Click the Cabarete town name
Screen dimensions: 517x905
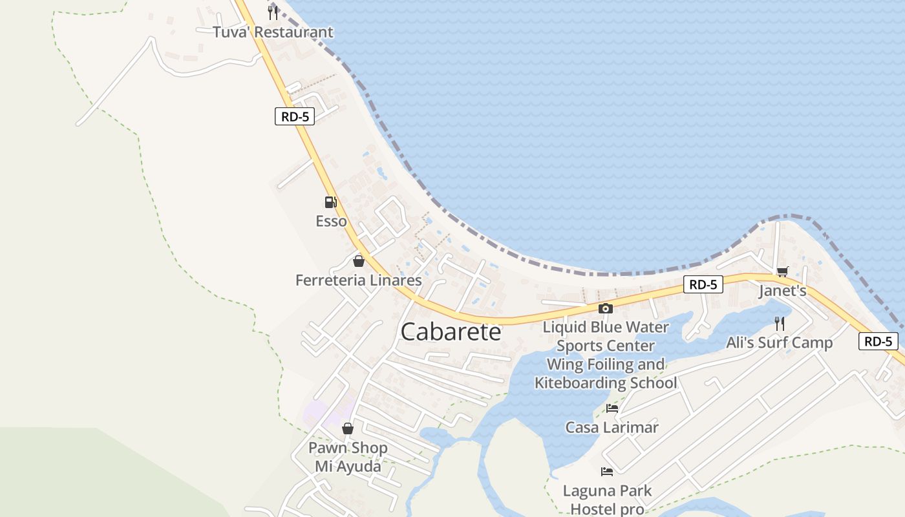pyautogui.click(x=451, y=332)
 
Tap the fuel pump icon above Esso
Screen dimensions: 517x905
pyautogui.click(x=330, y=202)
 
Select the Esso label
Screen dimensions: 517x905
pyautogui.click(x=331, y=221)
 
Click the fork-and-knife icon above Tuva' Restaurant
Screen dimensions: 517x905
pyautogui.click(x=273, y=13)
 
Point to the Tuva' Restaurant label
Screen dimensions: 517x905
pyautogui.click(x=273, y=32)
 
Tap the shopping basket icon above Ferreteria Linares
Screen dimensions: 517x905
pyautogui.click(x=358, y=261)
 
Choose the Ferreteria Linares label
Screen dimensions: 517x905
pyautogui.click(x=358, y=280)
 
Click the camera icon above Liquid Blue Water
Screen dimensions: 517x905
pyautogui.click(x=605, y=308)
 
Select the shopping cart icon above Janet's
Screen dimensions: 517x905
pyautogui.click(x=782, y=271)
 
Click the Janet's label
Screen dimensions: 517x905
pyautogui.click(x=782, y=291)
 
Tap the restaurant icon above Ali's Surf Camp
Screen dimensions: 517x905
pyautogui.click(x=780, y=323)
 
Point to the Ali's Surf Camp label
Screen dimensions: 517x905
pyautogui.click(x=779, y=343)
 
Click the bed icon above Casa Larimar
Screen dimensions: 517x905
pyautogui.click(x=612, y=408)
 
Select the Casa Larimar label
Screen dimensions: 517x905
pyautogui.click(x=612, y=427)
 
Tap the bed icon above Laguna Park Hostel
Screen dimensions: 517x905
pyautogui.click(x=606, y=472)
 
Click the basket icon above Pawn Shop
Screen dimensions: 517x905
pyautogui.click(x=348, y=428)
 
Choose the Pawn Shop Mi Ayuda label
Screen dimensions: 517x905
pyautogui.click(x=348, y=456)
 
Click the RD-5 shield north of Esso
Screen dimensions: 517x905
pyautogui.click(x=294, y=116)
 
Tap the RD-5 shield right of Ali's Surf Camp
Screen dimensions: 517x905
pyautogui.click(x=878, y=341)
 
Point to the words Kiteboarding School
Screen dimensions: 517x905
pyautogui.click(x=606, y=383)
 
